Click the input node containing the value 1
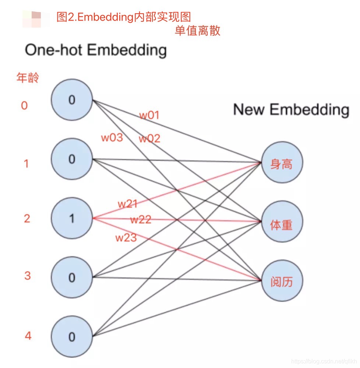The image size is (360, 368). [72, 219]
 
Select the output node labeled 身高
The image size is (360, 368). [282, 163]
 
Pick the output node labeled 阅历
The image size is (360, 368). [282, 281]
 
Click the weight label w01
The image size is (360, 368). [149, 115]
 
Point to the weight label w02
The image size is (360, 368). [149, 139]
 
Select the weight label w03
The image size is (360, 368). [112, 138]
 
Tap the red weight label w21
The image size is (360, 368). [128, 204]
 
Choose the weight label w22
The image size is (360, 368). [141, 220]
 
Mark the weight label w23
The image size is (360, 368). [126, 238]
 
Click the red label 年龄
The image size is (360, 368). [28, 78]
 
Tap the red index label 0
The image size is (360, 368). [24, 106]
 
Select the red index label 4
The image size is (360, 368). [28, 336]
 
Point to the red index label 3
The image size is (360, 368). [27, 276]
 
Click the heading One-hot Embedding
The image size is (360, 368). [96, 50]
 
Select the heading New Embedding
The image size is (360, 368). [291, 110]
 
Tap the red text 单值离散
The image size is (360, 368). [198, 31]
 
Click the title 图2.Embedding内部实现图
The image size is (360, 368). [124, 17]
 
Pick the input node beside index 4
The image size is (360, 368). [72, 336]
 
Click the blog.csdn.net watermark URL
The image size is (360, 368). [324, 362]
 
